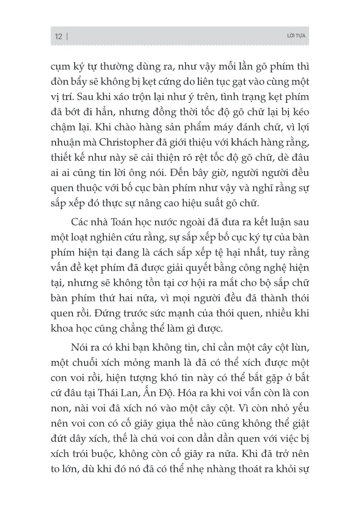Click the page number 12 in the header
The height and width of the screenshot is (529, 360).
click(x=58, y=37)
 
